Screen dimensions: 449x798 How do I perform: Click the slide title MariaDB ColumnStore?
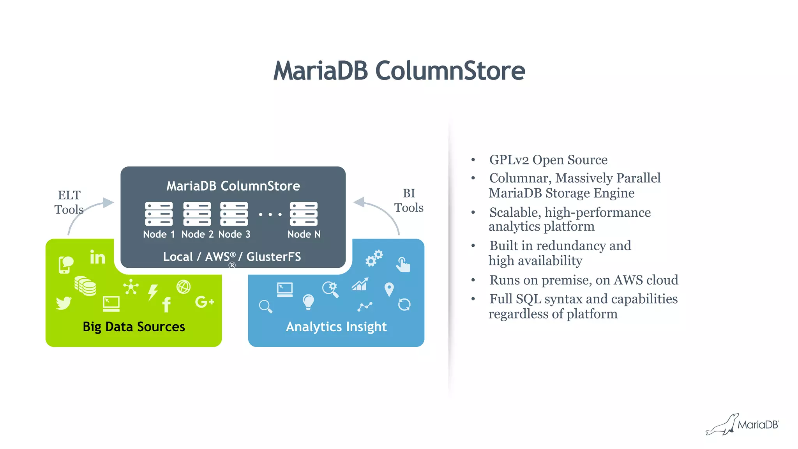tap(399, 71)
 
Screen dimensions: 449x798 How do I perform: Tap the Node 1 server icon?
tap(159, 214)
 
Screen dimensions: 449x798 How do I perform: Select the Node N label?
tap(304, 234)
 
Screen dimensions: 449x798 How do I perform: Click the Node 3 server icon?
tap(234, 214)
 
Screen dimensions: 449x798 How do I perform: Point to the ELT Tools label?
tap(69, 202)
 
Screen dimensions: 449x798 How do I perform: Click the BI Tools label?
tap(409, 200)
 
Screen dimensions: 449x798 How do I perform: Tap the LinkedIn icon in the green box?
tap(97, 257)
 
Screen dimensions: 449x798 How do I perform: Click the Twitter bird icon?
tap(64, 303)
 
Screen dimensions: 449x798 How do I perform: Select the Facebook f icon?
tap(166, 304)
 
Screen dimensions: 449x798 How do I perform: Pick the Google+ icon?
tap(205, 302)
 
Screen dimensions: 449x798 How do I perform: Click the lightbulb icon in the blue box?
tap(308, 302)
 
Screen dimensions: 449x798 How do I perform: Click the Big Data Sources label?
tap(134, 327)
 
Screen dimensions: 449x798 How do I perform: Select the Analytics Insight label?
tap(336, 327)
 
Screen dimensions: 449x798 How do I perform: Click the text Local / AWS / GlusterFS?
tap(232, 256)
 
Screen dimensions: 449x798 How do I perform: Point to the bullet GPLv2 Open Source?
tap(548, 160)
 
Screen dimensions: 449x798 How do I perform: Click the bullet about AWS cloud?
tap(584, 280)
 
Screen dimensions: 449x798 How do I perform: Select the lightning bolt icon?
tap(153, 292)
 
